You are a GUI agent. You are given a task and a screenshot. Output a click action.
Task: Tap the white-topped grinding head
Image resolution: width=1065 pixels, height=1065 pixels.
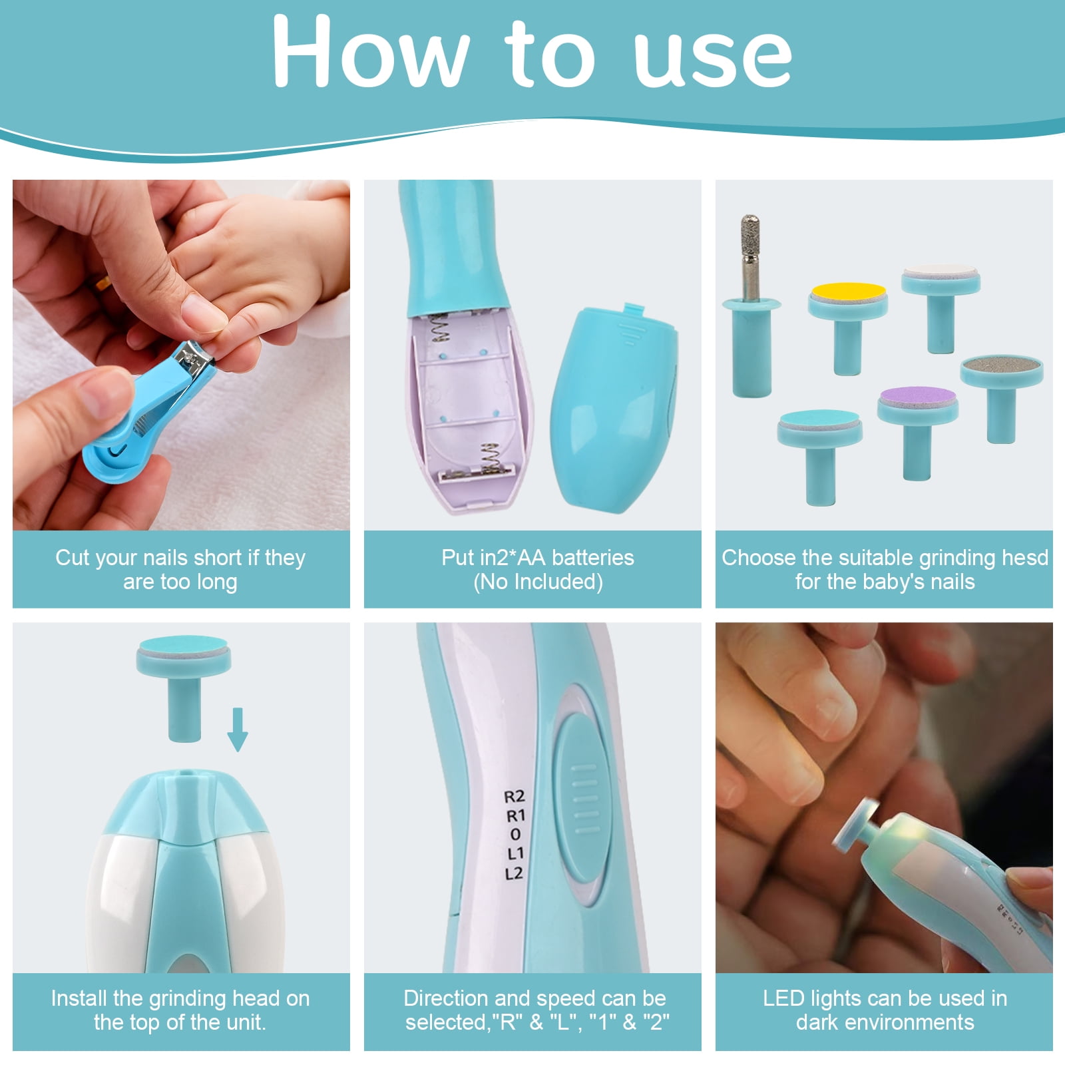[x=941, y=309]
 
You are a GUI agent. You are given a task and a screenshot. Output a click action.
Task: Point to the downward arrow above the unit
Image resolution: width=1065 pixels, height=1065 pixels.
[x=238, y=730]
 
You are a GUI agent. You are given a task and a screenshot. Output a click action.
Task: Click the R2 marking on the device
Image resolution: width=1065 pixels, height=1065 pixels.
[x=515, y=796]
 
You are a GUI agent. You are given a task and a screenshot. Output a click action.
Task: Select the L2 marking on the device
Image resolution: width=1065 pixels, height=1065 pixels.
[x=515, y=873]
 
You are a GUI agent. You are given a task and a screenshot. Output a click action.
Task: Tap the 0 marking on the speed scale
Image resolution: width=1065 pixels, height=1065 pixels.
[x=515, y=835]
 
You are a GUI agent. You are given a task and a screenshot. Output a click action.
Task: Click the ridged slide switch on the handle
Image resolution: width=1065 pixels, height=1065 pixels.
[x=583, y=799]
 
